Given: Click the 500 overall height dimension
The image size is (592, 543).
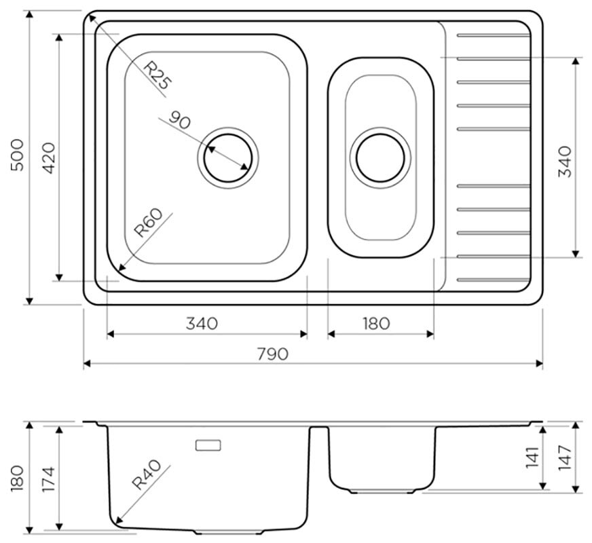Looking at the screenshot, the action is [18, 155].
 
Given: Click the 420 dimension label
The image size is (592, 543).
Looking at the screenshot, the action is [50, 158].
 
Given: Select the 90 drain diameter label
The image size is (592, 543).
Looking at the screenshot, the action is [180, 120].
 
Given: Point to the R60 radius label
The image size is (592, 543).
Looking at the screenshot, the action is [149, 223].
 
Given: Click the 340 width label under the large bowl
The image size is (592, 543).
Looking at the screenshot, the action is [202, 323].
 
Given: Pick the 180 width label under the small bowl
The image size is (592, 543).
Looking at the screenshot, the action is [376, 323].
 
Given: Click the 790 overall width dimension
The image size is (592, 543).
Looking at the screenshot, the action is [273, 354].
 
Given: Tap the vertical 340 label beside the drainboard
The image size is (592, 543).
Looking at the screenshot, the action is [565, 162].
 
